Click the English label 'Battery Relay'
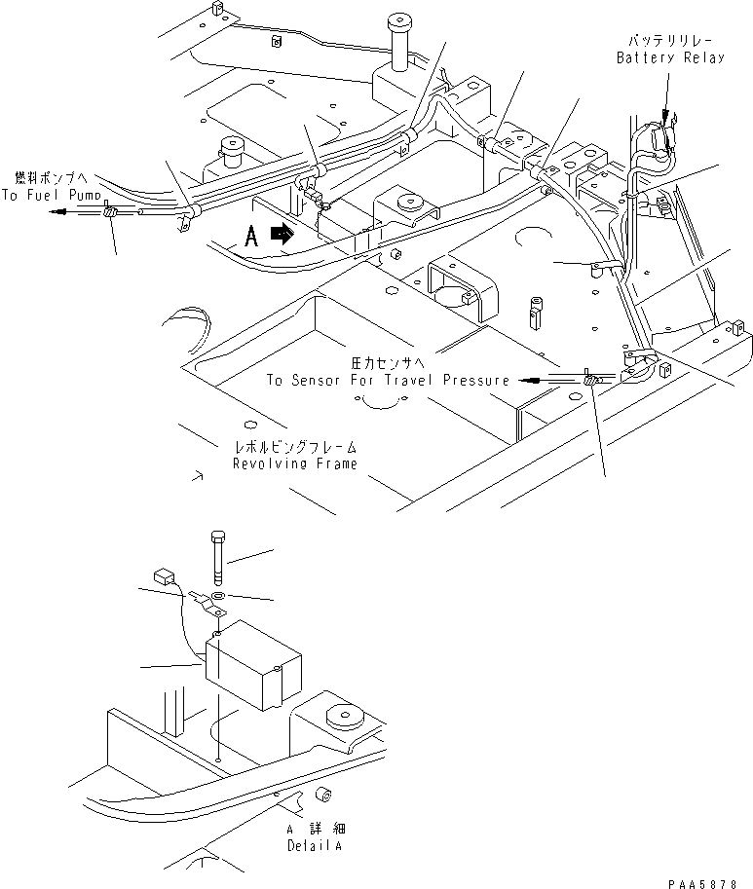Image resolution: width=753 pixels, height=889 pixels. click(x=670, y=58)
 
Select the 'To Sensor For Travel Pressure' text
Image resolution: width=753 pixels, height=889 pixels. click(x=388, y=380)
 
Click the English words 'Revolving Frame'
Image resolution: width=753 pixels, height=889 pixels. click(x=294, y=463)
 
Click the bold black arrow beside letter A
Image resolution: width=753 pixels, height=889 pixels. click(x=282, y=234)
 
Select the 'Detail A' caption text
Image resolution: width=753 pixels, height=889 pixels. click(x=314, y=846)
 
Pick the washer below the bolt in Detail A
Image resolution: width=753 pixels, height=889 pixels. click(x=216, y=595)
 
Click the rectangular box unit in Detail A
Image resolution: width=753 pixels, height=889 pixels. click(x=251, y=667)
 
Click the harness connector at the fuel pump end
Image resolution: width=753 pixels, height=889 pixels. click(x=111, y=211)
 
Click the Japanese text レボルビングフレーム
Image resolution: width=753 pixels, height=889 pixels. click(x=294, y=447)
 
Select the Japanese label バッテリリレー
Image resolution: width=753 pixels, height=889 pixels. click(x=670, y=40)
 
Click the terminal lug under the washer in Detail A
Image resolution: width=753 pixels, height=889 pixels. click(x=208, y=611)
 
